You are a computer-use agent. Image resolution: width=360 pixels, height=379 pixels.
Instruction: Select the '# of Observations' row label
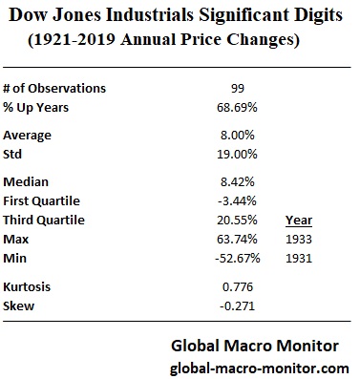[x=54, y=88]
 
